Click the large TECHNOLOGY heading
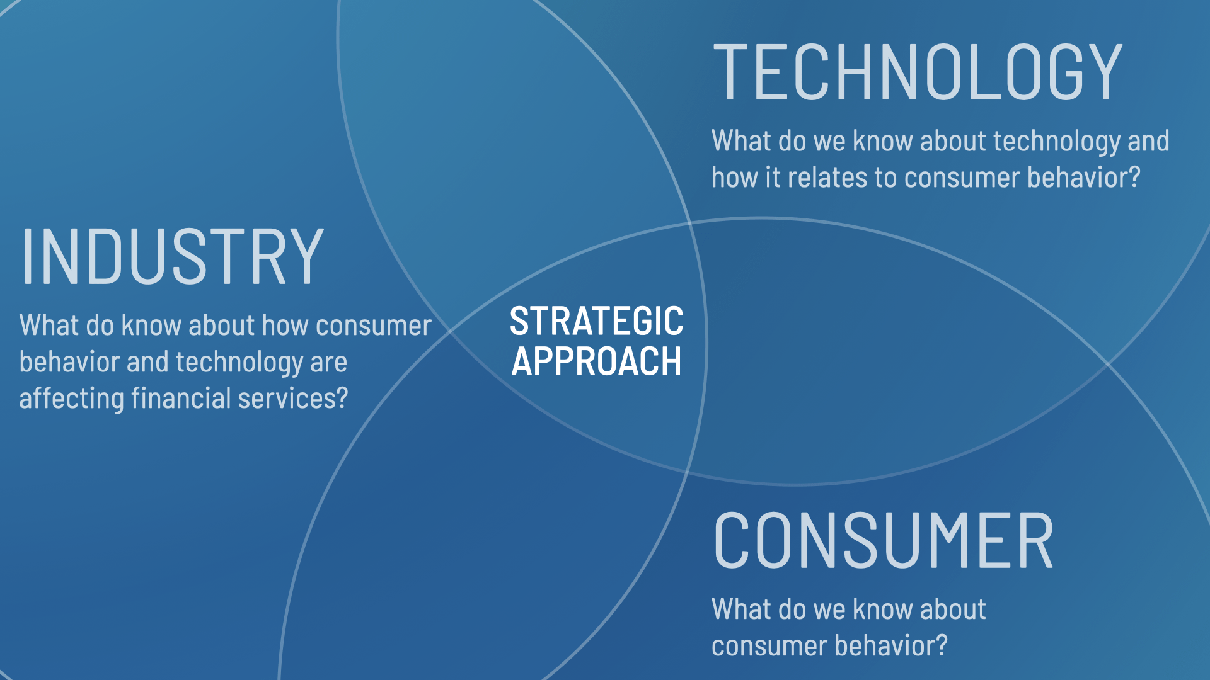[x=918, y=72]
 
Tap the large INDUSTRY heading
[x=172, y=256]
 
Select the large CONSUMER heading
[x=883, y=540]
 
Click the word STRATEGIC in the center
[x=596, y=321]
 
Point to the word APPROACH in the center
[x=596, y=361]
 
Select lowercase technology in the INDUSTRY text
[x=239, y=363]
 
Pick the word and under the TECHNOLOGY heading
[x=1148, y=141]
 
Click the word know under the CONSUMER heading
[x=882, y=609]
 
